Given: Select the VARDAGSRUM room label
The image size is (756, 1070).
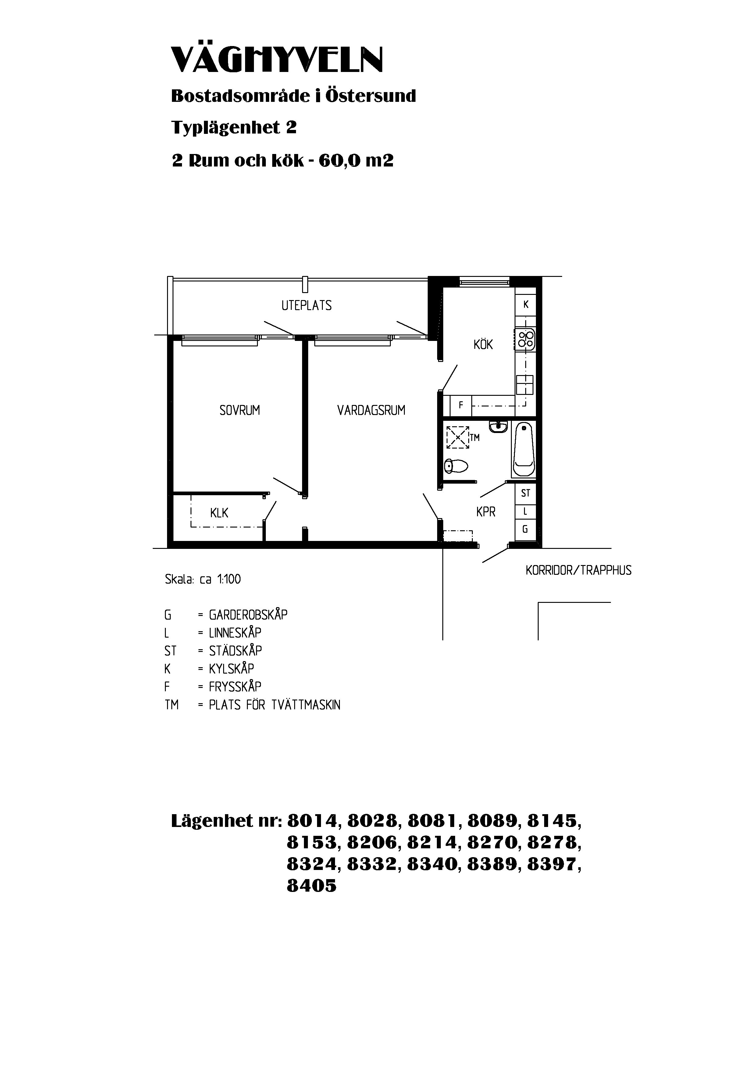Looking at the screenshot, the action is [371, 410].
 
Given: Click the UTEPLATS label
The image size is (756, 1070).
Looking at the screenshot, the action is [306, 306].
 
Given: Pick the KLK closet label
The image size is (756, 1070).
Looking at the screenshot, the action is [219, 513].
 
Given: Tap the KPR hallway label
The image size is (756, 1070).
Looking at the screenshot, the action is [486, 512].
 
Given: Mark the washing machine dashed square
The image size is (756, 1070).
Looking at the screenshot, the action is [458, 438].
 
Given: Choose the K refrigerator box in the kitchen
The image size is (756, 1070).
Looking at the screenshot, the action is [526, 305].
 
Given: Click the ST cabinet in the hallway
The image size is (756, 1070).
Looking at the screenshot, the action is [526, 493].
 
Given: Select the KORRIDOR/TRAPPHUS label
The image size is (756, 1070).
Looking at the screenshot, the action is [579, 571].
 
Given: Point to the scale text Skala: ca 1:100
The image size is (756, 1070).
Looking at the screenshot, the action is [203, 579].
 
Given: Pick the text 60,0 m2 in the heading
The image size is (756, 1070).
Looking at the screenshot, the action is [356, 161].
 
